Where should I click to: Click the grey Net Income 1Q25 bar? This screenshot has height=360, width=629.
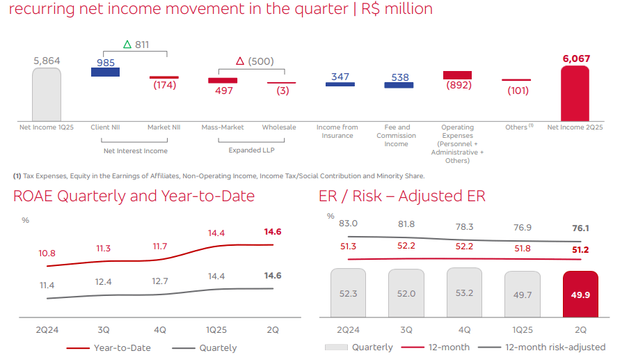(47, 94)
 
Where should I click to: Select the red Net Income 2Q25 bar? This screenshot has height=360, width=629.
(575, 94)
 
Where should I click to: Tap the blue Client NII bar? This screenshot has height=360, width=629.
(106, 72)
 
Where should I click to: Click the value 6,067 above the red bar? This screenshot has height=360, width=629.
(575, 59)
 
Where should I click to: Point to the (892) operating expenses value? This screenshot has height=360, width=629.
(457, 86)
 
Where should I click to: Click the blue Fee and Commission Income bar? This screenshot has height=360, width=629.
(399, 86)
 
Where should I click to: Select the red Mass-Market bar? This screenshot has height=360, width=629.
(223, 81)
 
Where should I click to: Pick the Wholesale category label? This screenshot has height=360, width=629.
(279, 127)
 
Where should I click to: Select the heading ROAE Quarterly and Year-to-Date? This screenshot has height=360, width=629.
(134, 196)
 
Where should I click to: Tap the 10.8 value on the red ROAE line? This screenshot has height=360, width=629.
(47, 253)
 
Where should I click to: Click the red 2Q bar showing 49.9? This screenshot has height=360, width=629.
(580, 294)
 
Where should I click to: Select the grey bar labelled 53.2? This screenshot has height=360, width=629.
(464, 293)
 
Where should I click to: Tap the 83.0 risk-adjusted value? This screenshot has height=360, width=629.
(348, 224)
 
